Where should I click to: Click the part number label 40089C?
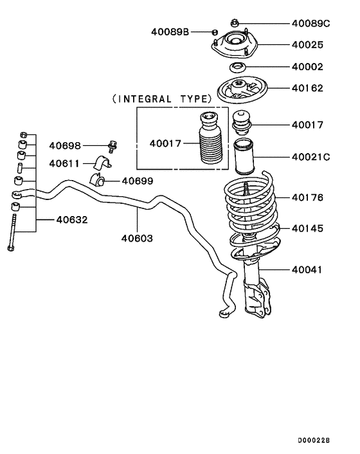[310, 23]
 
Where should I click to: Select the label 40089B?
[170, 32]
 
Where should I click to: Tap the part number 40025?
[307, 45]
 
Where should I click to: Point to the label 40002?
[307, 67]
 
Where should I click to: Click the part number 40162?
[307, 88]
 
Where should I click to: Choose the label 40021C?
[310, 157]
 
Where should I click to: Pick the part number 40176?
[307, 197]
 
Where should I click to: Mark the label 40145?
[307, 228]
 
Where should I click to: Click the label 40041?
[307, 270]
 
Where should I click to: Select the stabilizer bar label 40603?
[137, 239]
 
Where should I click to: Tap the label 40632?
[71, 219]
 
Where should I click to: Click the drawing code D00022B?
[313, 441]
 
